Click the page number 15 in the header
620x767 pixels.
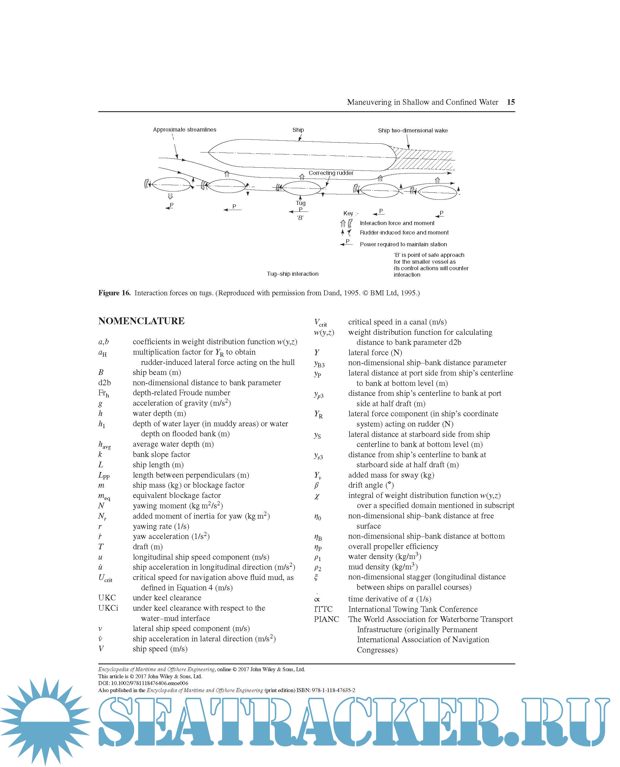tap(510, 102)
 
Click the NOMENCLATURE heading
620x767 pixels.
tap(141, 321)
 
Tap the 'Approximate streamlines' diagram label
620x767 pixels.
tap(184, 130)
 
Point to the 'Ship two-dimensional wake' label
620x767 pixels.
tap(412, 130)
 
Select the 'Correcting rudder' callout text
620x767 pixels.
tap(331, 173)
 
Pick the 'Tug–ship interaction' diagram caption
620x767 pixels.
tap(293, 274)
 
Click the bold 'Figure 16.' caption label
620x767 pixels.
tap(114, 293)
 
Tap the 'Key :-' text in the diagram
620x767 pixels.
tap(350, 213)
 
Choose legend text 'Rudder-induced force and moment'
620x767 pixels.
tap(404, 232)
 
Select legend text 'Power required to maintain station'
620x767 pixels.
tap(403, 244)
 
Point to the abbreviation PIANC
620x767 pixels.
tap(326, 619)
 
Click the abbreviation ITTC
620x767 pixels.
tap(323, 609)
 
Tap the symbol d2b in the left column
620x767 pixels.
tap(104, 383)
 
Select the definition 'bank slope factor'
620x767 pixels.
tap(161, 454)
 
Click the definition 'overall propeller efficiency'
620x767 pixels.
tap(393, 546)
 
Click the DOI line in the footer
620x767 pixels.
tap(143, 683)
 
